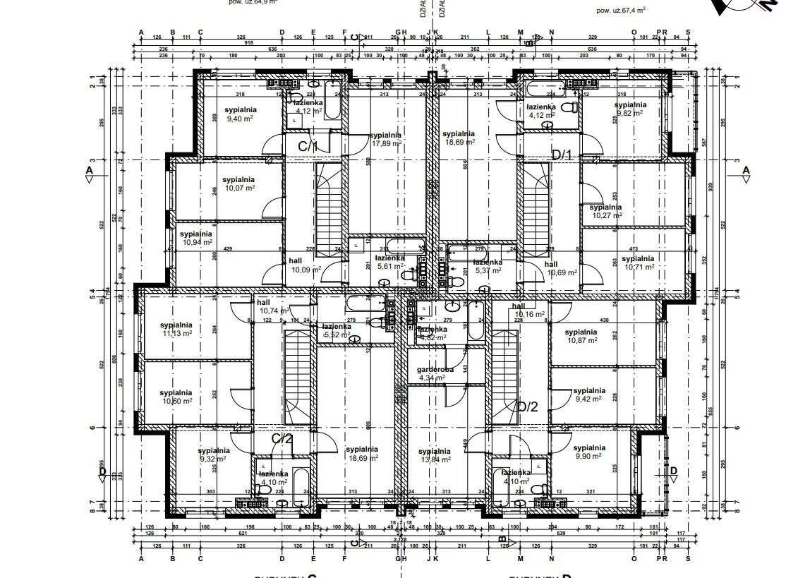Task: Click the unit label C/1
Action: [x=308, y=146]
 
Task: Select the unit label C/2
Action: [x=282, y=438]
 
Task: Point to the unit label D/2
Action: [x=528, y=407]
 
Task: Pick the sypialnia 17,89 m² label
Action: [x=386, y=138]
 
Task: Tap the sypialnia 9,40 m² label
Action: [x=241, y=114]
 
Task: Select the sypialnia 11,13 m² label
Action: [x=176, y=329]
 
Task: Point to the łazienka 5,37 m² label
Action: [x=488, y=265]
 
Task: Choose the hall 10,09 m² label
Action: [x=305, y=265]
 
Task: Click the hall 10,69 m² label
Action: [x=561, y=267]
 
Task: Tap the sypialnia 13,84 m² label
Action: [x=434, y=455]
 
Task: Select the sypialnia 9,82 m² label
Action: [x=630, y=108]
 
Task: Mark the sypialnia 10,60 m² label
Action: [x=175, y=397]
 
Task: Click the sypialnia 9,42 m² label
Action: [x=588, y=394]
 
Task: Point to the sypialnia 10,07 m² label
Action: [x=238, y=183]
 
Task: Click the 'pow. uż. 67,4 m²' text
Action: [x=621, y=11]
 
